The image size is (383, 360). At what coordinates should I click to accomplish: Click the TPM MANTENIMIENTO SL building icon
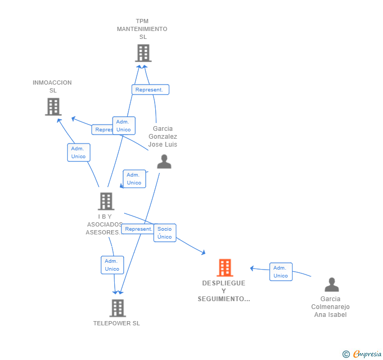click(143, 53)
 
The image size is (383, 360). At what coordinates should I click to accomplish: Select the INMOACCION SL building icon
click(53, 107)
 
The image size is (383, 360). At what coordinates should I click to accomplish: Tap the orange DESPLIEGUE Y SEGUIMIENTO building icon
click(225, 268)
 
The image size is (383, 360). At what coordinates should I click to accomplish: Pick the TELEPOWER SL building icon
click(117, 308)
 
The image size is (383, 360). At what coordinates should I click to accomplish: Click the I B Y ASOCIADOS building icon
click(106, 201)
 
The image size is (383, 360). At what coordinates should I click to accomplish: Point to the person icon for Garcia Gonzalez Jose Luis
click(164, 161)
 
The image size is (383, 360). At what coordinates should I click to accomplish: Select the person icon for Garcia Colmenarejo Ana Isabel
click(331, 284)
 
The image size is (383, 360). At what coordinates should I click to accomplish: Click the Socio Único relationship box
click(165, 233)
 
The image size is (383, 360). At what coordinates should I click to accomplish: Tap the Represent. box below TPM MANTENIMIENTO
click(150, 90)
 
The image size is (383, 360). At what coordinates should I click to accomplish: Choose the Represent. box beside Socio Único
click(138, 229)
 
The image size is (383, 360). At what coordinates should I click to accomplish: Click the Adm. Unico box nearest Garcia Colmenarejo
click(280, 272)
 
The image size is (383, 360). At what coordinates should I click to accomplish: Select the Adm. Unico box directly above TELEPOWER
click(112, 265)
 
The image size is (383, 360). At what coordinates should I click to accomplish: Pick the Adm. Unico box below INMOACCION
click(78, 152)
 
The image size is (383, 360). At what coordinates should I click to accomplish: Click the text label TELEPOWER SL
click(117, 323)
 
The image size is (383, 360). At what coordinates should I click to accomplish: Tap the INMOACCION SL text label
click(52, 86)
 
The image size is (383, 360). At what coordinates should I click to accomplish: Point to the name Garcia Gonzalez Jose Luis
click(163, 137)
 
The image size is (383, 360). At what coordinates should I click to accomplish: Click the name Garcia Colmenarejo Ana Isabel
click(330, 307)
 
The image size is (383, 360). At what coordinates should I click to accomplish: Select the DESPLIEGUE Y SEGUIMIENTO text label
click(224, 291)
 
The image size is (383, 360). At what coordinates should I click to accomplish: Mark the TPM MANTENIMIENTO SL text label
click(143, 29)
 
